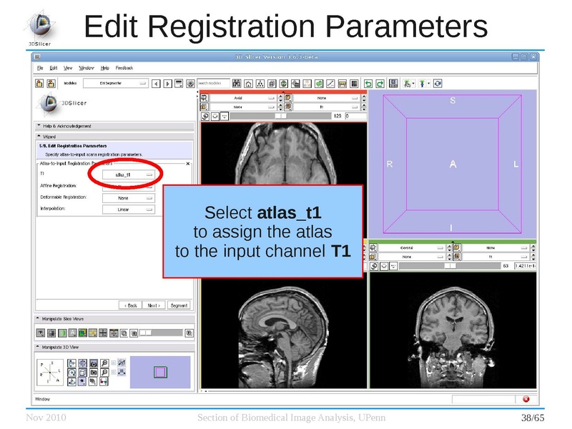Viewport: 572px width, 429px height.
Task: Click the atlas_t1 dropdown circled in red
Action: click(127, 174)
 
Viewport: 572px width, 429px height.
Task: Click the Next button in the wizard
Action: click(154, 305)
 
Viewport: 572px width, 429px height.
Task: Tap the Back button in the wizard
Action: click(129, 305)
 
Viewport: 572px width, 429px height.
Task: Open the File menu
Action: click(41, 68)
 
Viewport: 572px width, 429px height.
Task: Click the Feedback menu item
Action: click(124, 68)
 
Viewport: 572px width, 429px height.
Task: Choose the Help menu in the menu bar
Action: click(105, 68)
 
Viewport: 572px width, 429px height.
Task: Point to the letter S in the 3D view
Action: click(452, 101)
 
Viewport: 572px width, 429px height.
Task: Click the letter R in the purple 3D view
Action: click(390, 164)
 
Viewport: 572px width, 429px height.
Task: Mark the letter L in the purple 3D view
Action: click(516, 164)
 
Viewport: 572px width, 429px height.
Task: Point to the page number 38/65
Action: click(532, 418)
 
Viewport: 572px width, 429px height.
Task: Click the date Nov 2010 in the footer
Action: click(46, 418)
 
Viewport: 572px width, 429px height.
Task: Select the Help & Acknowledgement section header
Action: click(66, 126)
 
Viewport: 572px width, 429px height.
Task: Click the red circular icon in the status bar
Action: click(526, 399)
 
